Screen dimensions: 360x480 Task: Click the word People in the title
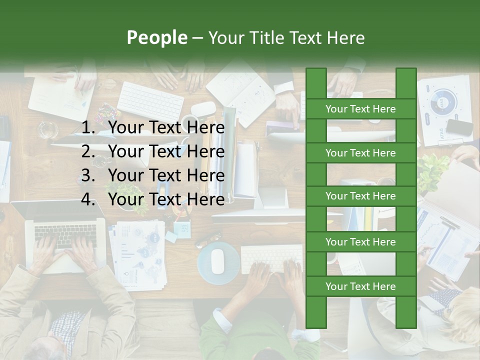pos(156,37)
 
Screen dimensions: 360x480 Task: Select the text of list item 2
pos(166,151)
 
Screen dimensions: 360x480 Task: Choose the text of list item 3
pos(166,175)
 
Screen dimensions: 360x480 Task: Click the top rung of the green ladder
pos(360,109)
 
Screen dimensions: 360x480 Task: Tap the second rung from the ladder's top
pos(360,153)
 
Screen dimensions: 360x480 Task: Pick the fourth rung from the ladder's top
pos(360,242)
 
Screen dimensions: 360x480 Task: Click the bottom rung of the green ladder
pos(360,286)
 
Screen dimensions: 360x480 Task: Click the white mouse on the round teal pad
pos(217,261)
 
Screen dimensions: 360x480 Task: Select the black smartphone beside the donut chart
pos(459,127)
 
